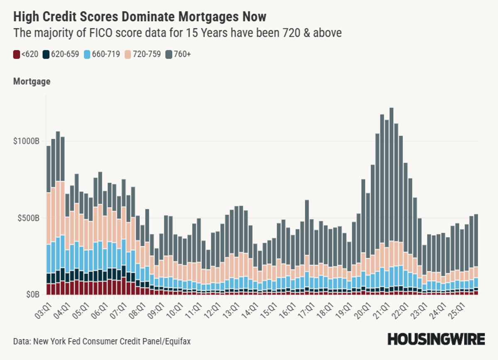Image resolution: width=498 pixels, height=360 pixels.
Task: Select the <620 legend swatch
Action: (17, 54)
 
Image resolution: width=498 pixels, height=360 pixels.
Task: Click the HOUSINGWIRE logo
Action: (436, 339)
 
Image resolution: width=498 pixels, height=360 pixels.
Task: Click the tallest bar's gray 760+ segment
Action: (391, 174)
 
